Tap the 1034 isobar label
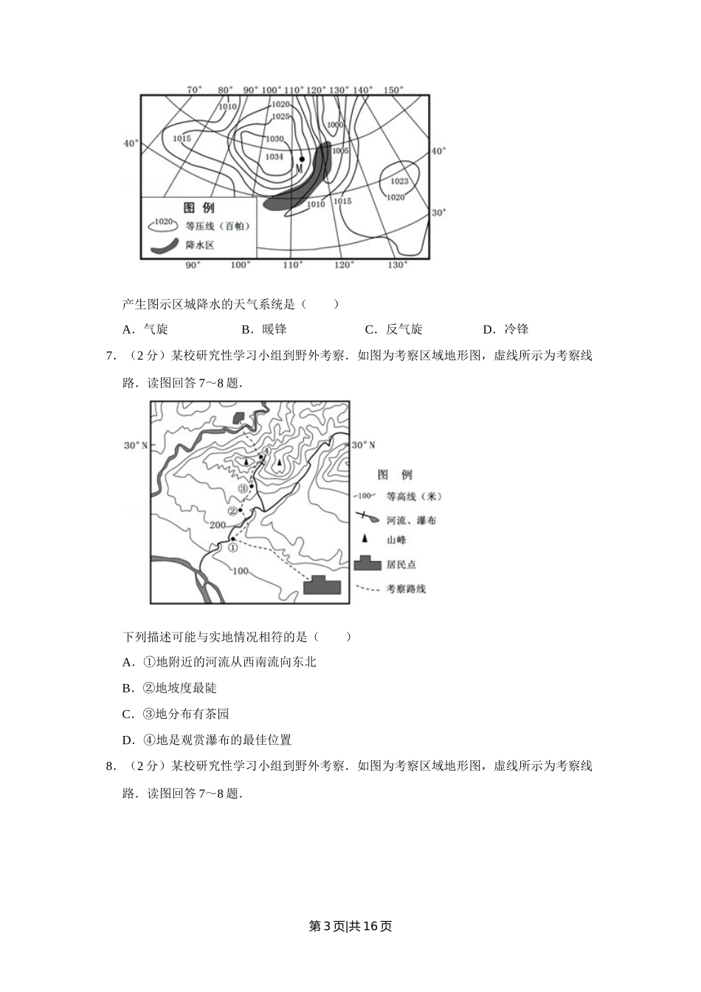tap(274, 156)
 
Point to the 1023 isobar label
tap(399, 181)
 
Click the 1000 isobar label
tap(335, 125)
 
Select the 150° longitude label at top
tap(393, 90)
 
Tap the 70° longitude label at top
tap(194, 90)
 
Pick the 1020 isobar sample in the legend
tap(164, 222)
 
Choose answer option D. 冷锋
tap(506, 329)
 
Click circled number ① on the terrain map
tap(233, 547)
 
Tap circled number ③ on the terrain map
tap(243, 489)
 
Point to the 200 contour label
tap(217, 525)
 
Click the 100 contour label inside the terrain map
tap(240, 571)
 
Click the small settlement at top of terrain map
tap(238, 417)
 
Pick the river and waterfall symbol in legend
tap(367, 519)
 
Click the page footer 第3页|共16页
tap(350, 926)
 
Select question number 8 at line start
tap(110, 766)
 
